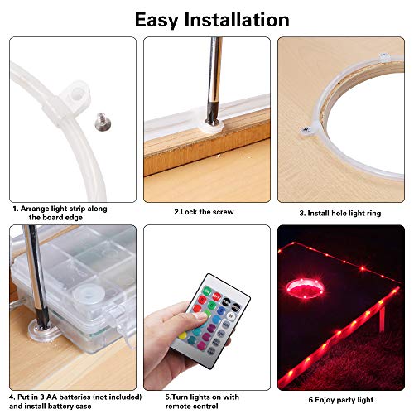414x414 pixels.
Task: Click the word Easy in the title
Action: tap(156, 21)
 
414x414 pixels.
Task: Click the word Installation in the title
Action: tap(237, 20)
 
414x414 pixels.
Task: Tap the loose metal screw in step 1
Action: tap(102, 122)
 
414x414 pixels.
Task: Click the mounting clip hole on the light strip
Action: tap(75, 94)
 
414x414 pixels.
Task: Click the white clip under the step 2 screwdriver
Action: tap(211, 126)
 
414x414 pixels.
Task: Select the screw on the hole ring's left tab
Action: tap(305, 129)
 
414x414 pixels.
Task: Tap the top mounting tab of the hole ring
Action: tap(384, 57)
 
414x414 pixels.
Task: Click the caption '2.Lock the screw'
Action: tap(204, 212)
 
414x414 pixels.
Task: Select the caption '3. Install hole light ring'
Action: tap(340, 214)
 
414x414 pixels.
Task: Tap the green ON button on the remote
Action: tap(207, 291)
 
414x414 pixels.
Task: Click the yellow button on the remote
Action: tap(182, 335)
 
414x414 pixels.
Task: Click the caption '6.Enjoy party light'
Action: tap(341, 400)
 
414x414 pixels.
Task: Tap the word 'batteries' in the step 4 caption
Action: tap(75, 397)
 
